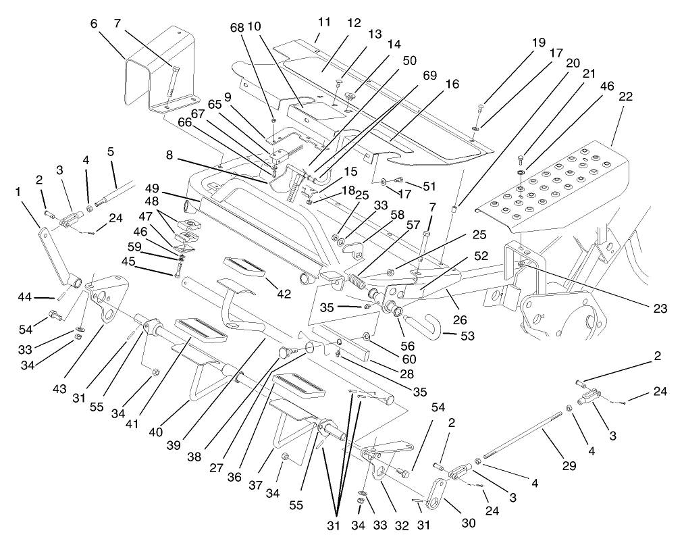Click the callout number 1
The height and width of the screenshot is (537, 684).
coord(18,191)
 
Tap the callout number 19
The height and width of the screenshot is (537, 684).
coord(537,43)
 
